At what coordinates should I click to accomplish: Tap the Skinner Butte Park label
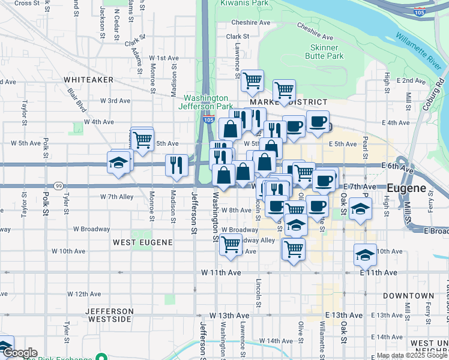click(x=327, y=52)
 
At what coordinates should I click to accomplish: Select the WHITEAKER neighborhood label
click(x=88, y=79)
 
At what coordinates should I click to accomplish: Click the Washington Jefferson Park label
click(x=205, y=102)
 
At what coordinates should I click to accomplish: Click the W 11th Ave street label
click(x=221, y=272)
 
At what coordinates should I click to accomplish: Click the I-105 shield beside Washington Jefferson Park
click(x=208, y=119)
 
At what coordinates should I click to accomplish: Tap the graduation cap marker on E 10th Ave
click(x=364, y=254)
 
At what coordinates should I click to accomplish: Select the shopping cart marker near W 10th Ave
click(x=230, y=244)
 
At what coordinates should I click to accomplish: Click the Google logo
click(x=19, y=353)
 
